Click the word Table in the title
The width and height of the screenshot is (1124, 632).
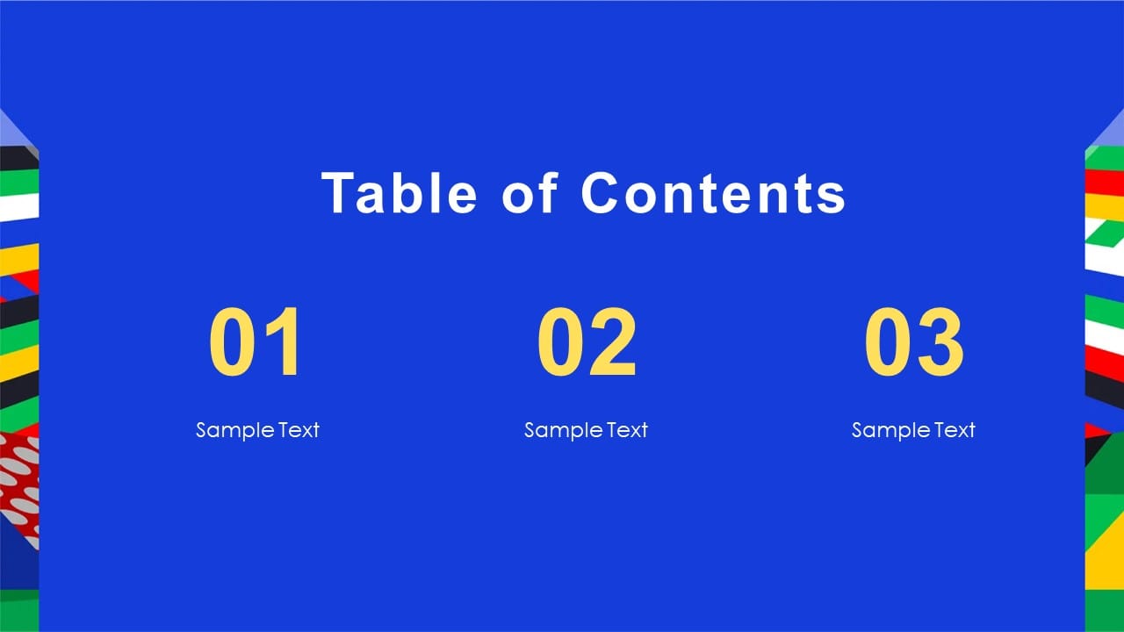(400, 192)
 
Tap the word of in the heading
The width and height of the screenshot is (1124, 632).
(530, 192)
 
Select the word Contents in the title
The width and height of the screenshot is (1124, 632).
(713, 192)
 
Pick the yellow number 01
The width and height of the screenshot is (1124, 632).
(256, 342)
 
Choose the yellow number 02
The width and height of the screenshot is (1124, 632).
(587, 342)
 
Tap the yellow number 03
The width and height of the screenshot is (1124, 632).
(914, 342)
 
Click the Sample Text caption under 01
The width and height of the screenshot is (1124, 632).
(257, 430)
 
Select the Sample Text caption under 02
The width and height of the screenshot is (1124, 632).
(586, 430)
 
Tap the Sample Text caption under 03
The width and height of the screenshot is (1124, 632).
(913, 430)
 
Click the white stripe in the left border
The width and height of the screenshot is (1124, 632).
(18, 206)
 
